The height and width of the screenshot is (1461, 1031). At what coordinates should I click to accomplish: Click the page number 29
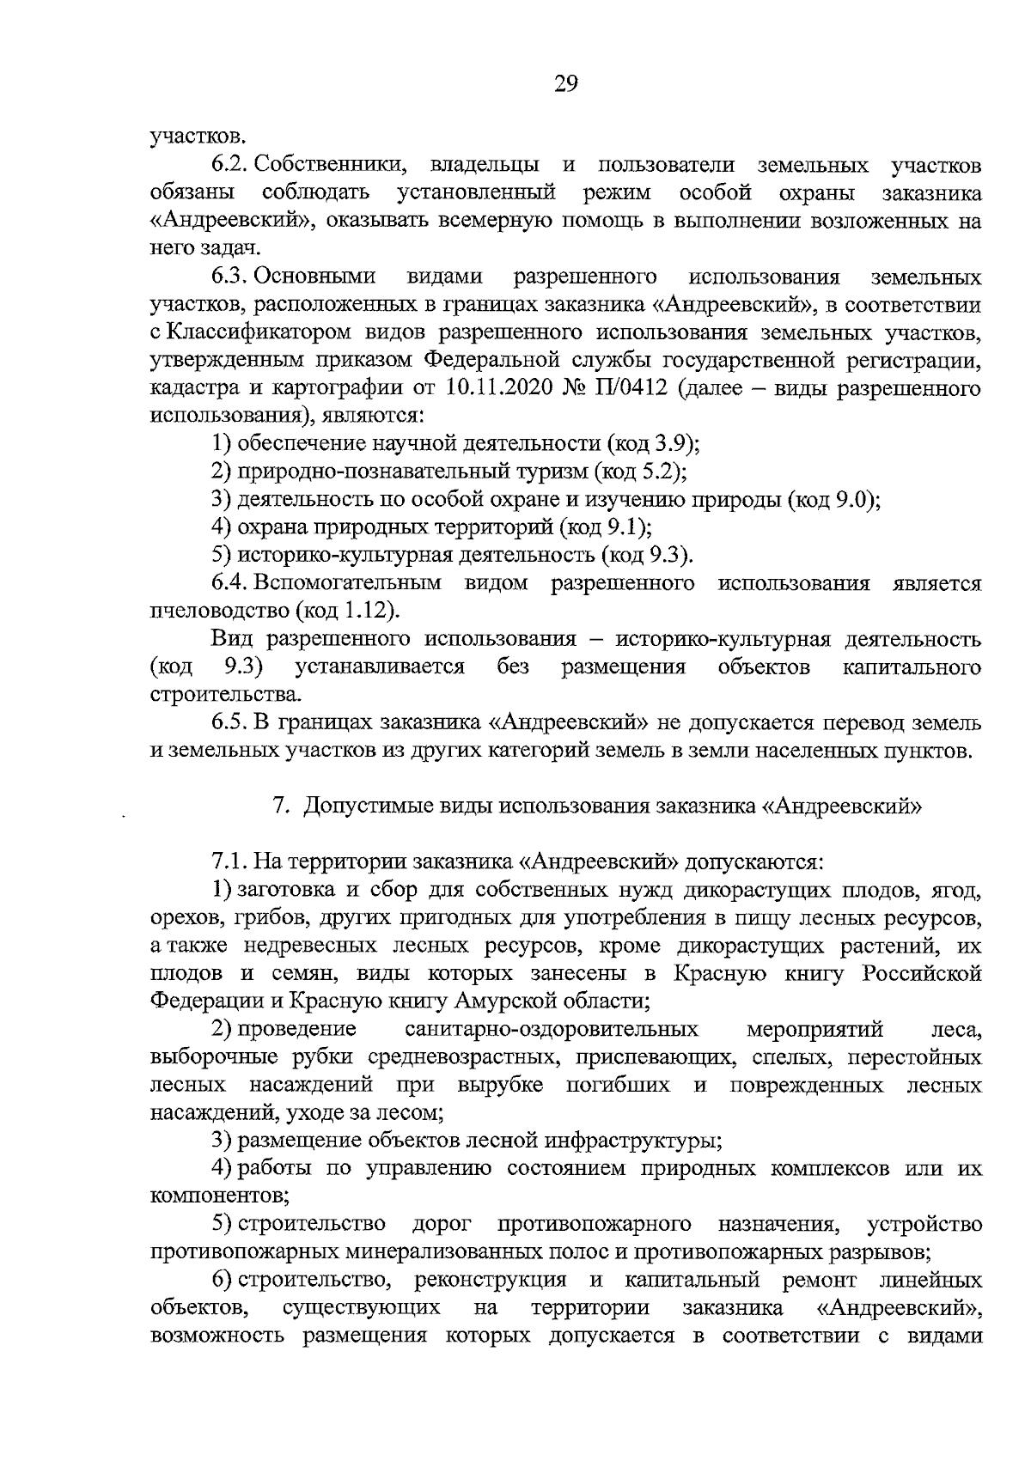(566, 83)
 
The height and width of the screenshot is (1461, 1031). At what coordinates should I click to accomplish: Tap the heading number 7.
(278, 807)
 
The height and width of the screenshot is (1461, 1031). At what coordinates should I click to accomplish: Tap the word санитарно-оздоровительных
(551, 1029)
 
